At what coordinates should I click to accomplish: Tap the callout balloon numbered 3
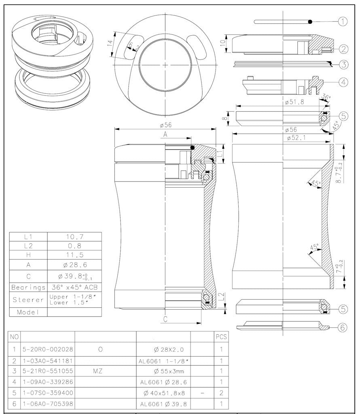coord(343,64)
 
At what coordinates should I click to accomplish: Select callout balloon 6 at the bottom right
coord(343,327)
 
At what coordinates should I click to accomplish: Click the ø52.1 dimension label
coord(296,138)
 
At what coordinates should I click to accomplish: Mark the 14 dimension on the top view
coord(110,44)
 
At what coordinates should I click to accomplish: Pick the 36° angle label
coord(326,97)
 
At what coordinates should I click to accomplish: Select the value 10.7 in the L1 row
coord(74,237)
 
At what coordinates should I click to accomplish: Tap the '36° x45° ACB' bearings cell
coord(74,287)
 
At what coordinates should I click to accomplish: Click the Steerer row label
coord(28,300)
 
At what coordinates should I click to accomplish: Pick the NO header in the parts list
coord(14,336)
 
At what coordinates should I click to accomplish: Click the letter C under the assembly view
coord(165,319)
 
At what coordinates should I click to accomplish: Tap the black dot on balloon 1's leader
coord(310,21)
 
